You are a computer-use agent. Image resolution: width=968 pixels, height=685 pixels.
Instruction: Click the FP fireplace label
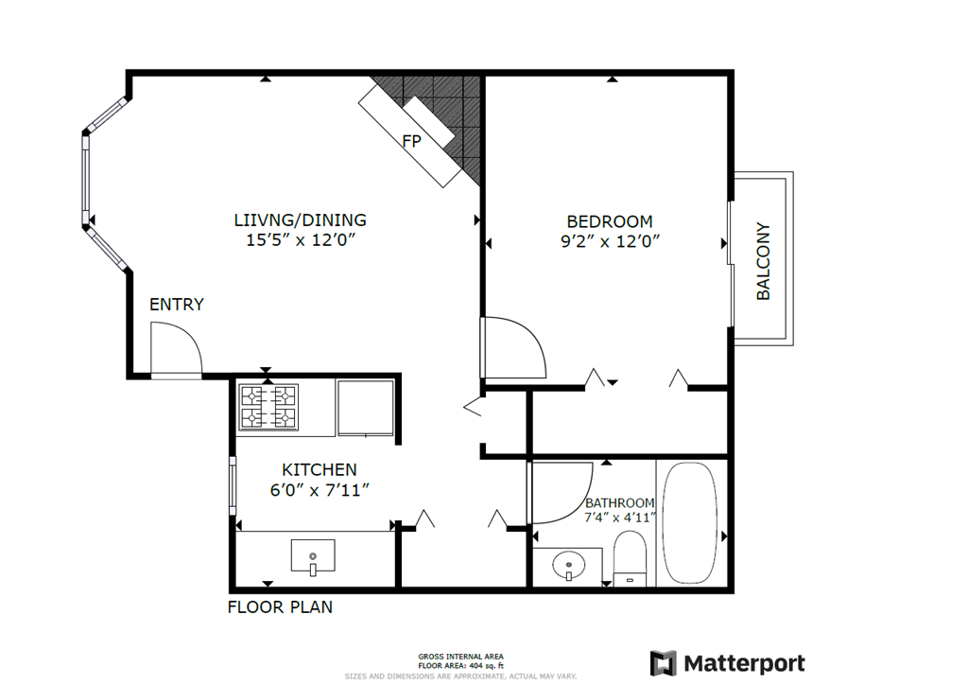pos(411,142)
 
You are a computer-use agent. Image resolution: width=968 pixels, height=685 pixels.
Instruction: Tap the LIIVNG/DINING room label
pos(300,220)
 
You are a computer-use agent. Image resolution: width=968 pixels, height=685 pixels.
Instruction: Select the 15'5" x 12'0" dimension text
pos(300,240)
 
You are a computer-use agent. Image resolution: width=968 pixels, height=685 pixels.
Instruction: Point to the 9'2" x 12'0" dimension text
pos(609,240)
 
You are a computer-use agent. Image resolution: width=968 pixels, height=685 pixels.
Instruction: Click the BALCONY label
pos(764,261)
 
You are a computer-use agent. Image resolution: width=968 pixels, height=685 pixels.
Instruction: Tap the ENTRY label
pos(177,305)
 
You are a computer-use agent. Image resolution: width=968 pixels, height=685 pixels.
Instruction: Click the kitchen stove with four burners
pos(268,407)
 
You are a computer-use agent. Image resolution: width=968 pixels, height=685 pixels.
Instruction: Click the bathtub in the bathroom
pos(692,523)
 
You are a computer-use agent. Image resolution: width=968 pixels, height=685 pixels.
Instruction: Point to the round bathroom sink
pos(568,567)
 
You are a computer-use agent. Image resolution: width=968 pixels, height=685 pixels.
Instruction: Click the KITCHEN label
pos(320,469)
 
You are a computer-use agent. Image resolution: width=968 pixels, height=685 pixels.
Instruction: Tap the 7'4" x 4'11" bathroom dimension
pos(619,518)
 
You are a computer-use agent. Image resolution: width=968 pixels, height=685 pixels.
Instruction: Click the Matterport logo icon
pos(664,663)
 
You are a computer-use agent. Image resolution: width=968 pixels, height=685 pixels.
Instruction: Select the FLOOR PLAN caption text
pos(280,607)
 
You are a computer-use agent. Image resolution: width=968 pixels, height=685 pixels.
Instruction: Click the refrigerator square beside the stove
pos(366,407)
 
